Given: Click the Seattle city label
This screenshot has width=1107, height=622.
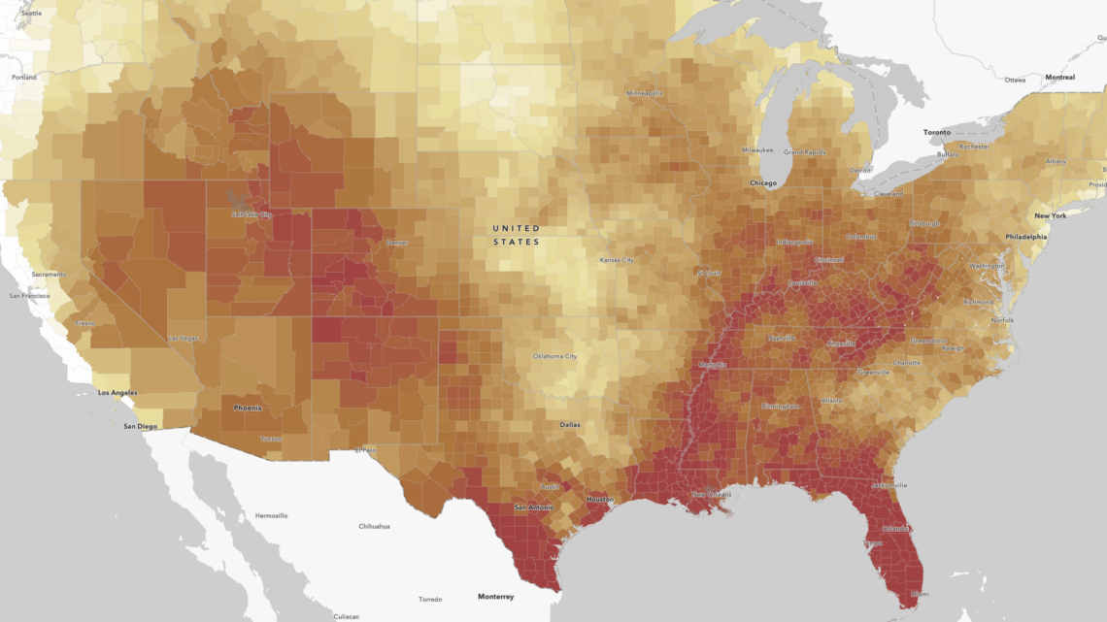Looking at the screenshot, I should pos(30,14).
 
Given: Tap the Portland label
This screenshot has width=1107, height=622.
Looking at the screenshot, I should pos(23,77).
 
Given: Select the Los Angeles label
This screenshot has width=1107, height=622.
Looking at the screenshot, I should pos(117,393).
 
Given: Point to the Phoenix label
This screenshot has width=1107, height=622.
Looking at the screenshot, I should pos(248,408).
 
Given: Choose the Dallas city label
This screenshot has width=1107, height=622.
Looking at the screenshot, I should pos(571,425).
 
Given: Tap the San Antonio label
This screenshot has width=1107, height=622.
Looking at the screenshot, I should pos(533,507).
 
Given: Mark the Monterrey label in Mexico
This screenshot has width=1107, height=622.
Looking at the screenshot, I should pos(495,596).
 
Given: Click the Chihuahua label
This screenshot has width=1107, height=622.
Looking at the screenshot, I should pos(374,526).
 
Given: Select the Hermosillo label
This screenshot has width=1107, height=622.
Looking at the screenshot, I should pos(271,515).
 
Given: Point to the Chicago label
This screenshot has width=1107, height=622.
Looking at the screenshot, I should pos(763,182).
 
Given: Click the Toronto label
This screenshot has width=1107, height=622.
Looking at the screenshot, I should pos(936,131).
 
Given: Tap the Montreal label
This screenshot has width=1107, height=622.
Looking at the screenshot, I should pos(1059,77).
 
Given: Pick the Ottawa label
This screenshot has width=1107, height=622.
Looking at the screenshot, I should pos(1015,80).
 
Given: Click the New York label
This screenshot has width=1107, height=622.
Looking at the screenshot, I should pos(1050,215).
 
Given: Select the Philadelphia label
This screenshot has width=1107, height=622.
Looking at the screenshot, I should pos(1026,236).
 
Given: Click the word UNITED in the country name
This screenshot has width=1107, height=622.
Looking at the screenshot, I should pos(516,228).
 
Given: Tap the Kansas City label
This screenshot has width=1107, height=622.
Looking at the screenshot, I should pos(616,260).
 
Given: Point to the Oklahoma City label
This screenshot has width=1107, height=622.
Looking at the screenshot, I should pos(554,356).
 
